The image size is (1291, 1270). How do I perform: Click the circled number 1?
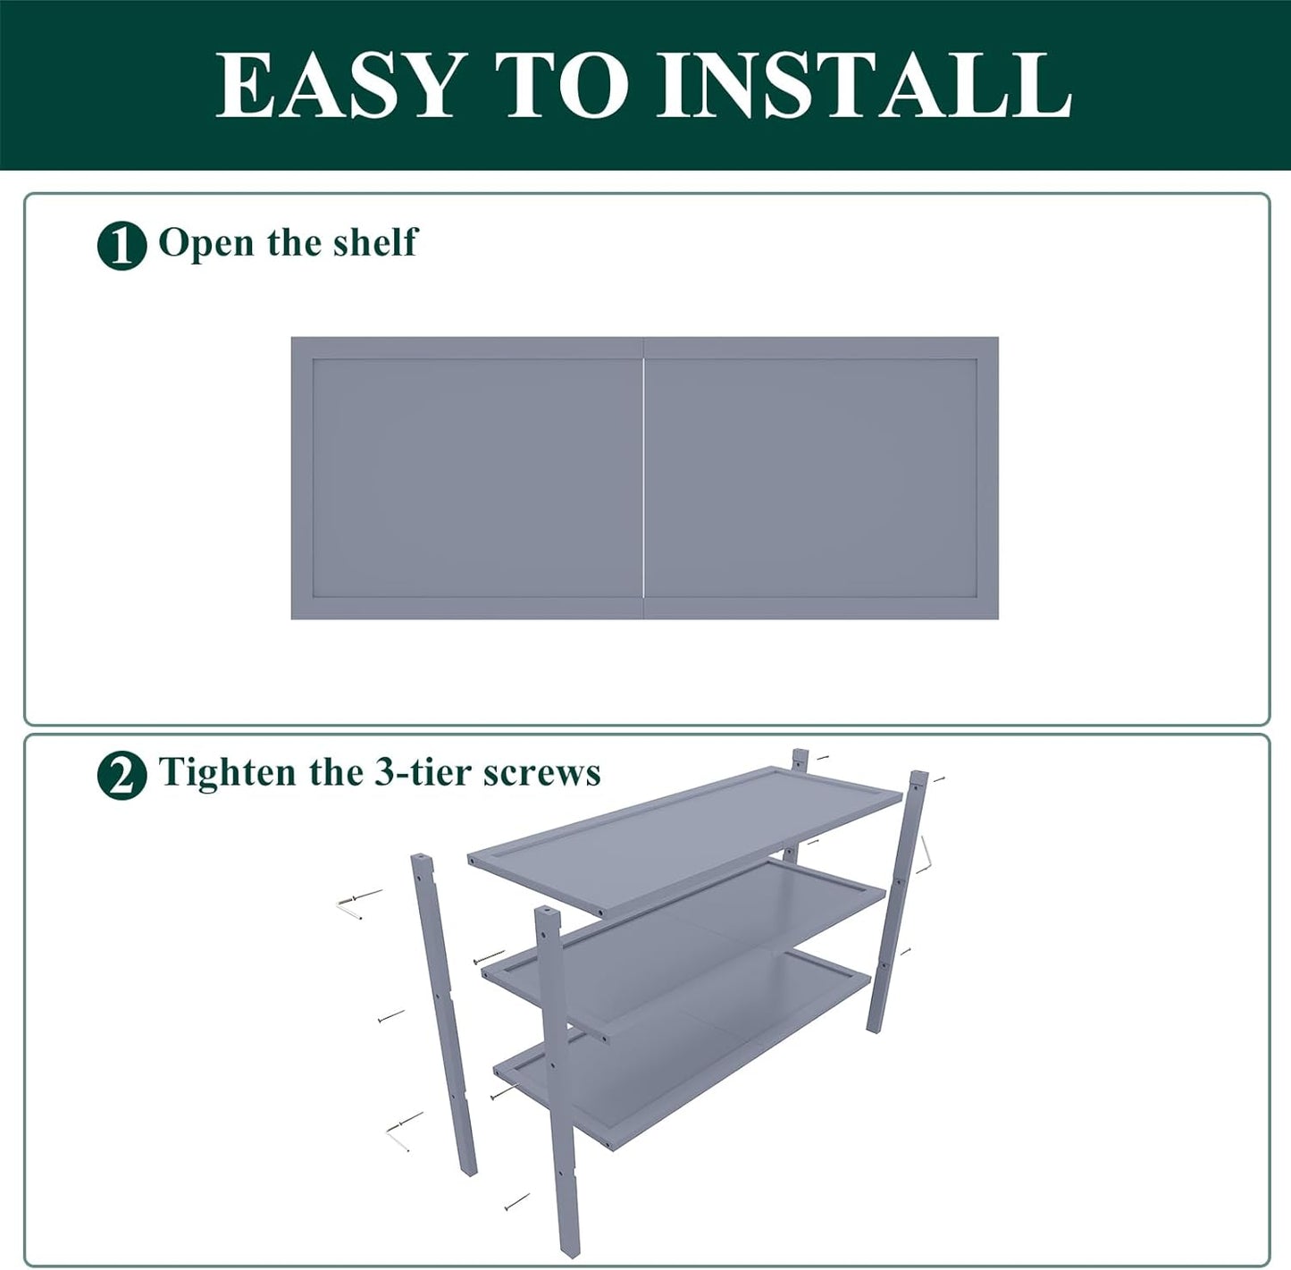(x=122, y=246)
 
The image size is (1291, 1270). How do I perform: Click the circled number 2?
(x=122, y=775)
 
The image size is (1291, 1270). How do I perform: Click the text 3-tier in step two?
(x=423, y=772)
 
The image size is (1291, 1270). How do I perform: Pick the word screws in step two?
(x=541, y=772)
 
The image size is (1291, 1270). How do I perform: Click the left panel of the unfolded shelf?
(x=466, y=478)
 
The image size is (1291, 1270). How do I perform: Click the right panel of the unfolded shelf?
(x=819, y=478)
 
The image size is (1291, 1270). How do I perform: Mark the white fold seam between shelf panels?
(x=643, y=478)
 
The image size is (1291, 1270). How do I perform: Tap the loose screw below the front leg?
(x=516, y=1202)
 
